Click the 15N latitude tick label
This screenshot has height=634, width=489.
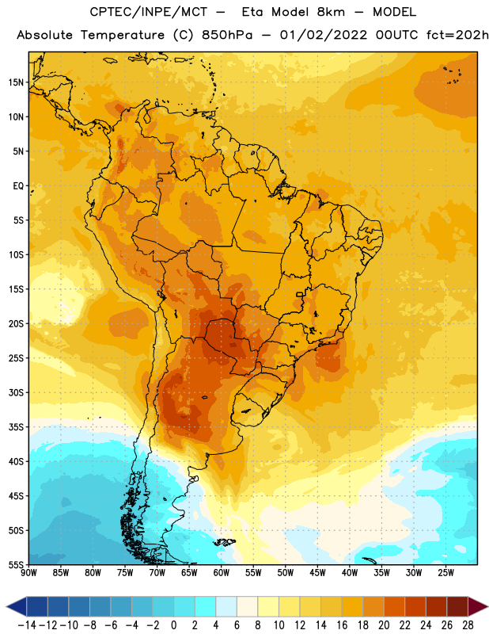[x=16, y=82]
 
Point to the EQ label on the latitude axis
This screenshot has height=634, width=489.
[x=18, y=186]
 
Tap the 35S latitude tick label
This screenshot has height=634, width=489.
[x=16, y=427]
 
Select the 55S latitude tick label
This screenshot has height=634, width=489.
[x=16, y=565]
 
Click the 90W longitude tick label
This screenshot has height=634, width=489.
[x=28, y=573]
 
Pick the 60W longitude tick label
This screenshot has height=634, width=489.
[x=222, y=573]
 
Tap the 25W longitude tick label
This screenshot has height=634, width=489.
[x=445, y=573]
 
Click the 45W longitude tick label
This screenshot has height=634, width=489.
[x=317, y=573]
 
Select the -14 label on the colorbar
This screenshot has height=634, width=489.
[x=27, y=625]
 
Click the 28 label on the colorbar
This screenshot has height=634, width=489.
[x=468, y=625]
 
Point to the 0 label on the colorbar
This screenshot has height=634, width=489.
[x=173, y=625]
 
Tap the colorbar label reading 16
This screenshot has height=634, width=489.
[x=342, y=625]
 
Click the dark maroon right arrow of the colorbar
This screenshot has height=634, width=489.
[x=477, y=606]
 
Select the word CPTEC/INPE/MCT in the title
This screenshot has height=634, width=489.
[x=149, y=12]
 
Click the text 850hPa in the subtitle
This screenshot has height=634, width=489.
[x=226, y=35]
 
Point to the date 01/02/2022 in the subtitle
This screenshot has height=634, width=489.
[x=324, y=35]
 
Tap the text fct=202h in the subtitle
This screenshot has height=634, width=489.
[x=457, y=35]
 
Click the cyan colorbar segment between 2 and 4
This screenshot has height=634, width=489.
[x=205, y=606]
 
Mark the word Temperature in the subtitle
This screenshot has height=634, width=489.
[x=123, y=36]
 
